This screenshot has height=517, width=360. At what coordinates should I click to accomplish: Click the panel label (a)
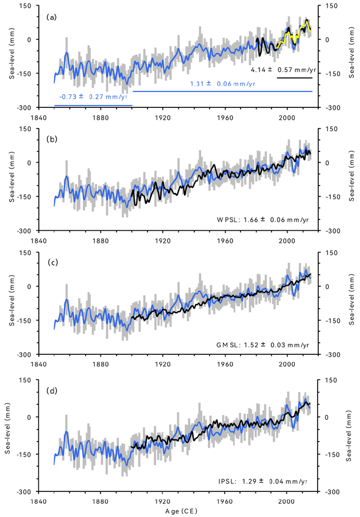point(51,17)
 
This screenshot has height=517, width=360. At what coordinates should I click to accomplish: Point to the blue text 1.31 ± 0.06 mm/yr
point(222,84)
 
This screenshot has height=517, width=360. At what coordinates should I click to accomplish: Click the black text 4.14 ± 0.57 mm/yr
point(283,70)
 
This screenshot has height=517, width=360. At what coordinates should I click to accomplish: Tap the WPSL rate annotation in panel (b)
point(270,219)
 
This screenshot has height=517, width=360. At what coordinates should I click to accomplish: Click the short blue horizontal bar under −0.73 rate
point(93,105)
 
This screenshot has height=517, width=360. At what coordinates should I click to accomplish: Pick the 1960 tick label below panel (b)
point(226,241)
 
